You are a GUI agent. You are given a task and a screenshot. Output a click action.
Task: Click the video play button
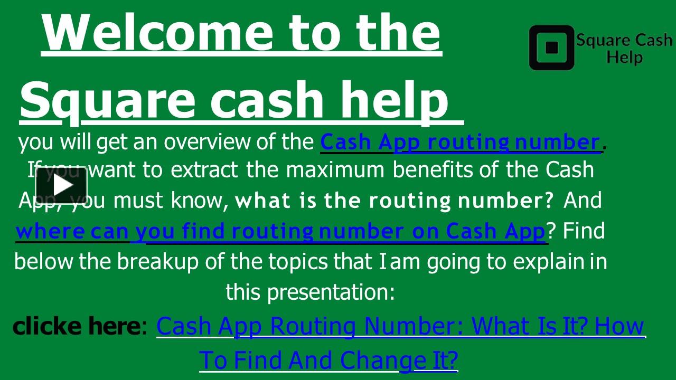pos(61,185)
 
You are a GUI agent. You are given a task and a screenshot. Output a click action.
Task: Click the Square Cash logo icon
pos(551,47)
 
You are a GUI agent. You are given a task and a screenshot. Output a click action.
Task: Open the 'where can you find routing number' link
pos(280,232)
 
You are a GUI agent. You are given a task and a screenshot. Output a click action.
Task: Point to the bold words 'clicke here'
pos(75,326)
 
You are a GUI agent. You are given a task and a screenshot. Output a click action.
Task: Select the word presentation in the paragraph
pos(331,292)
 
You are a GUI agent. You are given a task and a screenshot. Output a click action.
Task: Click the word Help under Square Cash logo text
pos(624,57)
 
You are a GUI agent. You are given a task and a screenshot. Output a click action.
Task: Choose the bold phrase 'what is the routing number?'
pos(394,201)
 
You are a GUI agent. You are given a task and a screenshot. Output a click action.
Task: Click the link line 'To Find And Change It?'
pos(328,360)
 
